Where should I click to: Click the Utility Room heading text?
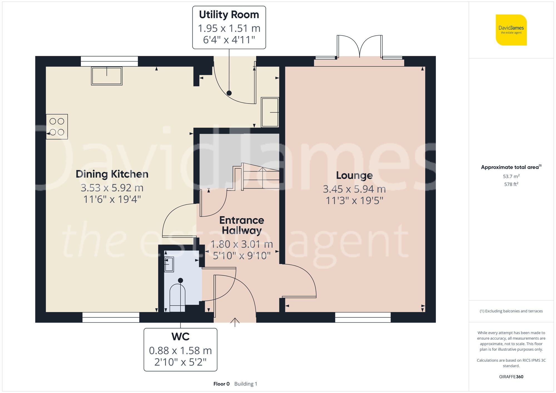pos(229,15)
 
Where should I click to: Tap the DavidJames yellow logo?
pos(511,30)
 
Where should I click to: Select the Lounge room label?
pos(354,175)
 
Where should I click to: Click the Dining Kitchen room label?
pos(112,174)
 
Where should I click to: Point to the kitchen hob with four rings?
pos(57,127)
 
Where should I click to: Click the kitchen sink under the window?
pos(107,76)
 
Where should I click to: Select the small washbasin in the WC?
pos(169,264)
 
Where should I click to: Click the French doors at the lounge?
pos(359,47)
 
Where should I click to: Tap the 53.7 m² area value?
pos(511,176)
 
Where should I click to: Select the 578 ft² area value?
pos(511,184)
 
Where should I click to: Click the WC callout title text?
pos(180,337)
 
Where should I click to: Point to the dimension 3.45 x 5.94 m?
pos(354,189)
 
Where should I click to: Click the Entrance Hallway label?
pos(242,225)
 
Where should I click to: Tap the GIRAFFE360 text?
pos(511,377)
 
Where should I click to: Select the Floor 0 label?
pos(221,384)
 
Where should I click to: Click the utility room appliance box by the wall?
pos(270,112)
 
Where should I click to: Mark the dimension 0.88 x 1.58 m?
pos(180,351)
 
